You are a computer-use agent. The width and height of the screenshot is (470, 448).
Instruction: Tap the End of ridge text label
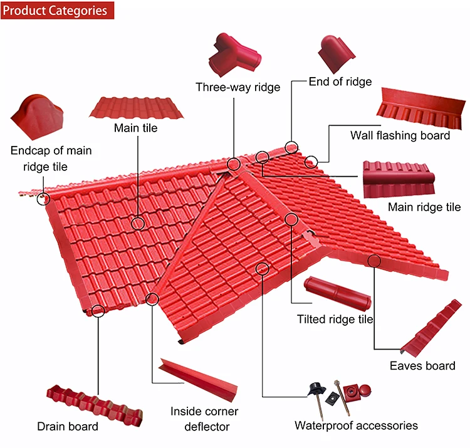pyautogui.click(x=340, y=81)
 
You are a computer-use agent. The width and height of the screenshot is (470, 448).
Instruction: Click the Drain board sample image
pyautogui.click(x=94, y=404)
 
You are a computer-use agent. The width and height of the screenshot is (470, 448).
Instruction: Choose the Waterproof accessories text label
pyautogui.click(x=356, y=426)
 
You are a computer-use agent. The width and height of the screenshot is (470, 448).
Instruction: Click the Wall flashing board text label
pyautogui.click(x=400, y=135)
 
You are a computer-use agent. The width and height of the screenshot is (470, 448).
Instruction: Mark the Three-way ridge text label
pyautogui.click(x=238, y=87)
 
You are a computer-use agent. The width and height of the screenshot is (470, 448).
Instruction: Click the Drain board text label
pyautogui.click(x=68, y=427)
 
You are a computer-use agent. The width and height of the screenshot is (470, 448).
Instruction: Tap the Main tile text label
pyautogui.click(x=135, y=128)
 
